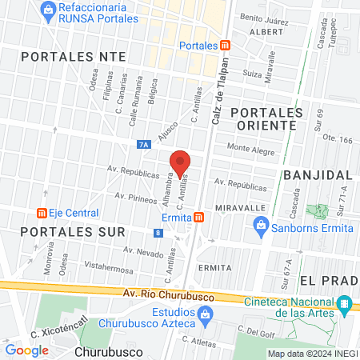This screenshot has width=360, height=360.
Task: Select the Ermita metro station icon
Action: pyautogui.click(x=198, y=217)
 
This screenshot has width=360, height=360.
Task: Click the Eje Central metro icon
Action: pyautogui.click(x=40, y=213)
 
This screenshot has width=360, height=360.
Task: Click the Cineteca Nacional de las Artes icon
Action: pyautogui.click(x=345, y=304)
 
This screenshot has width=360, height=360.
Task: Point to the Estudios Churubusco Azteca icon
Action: pyautogui.click(x=205, y=313)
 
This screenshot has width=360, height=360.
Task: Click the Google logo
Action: pyautogui.click(x=26, y=350)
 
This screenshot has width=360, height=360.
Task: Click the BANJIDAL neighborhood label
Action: pyautogui.click(x=318, y=174)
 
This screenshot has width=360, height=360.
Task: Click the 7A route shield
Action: pyautogui.click(x=143, y=145)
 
